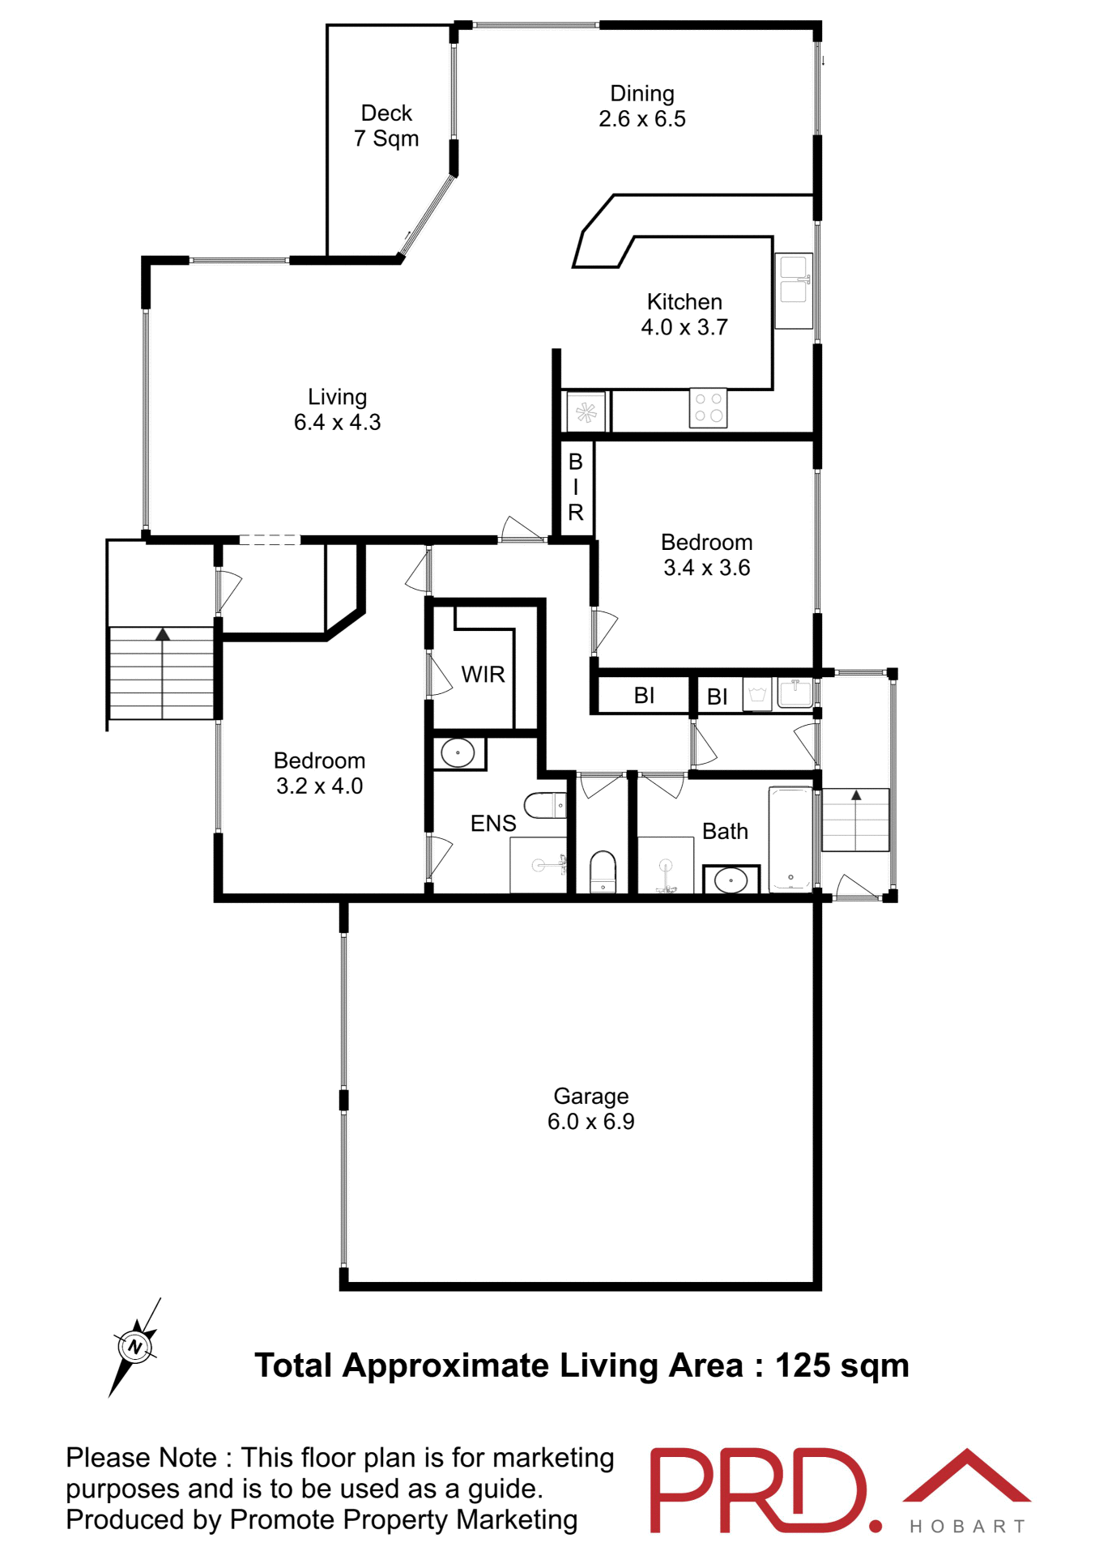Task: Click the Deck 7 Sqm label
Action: (x=386, y=126)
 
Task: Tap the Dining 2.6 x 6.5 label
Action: (x=642, y=106)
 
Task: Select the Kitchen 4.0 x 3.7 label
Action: (x=684, y=314)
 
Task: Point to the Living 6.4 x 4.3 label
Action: (x=337, y=409)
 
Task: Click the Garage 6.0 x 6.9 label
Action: (x=590, y=1108)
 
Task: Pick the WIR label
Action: (x=483, y=674)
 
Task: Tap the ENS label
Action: (x=493, y=823)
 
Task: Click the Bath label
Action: (x=725, y=831)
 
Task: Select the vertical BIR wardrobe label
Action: (x=576, y=487)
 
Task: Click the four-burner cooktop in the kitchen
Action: (x=709, y=407)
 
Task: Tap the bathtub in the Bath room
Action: (x=790, y=837)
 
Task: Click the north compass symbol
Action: (x=134, y=1348)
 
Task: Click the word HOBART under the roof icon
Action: (x=968, y=1527)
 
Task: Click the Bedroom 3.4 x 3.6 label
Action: (x=707, y=555)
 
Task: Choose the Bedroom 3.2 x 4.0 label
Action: (x=320, y=773)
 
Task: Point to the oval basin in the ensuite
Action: (x=458, y=753)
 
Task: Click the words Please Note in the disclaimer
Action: (x=141, y=1458)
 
